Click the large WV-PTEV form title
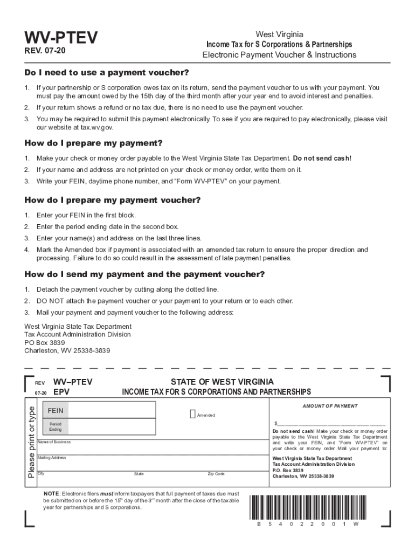(x=61, y=38)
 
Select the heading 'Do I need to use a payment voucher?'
(x=107, y=73)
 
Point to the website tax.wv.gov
(x=94, y=128)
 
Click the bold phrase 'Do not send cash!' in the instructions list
(x=322, y=158)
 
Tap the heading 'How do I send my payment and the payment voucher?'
(x=144, y=274)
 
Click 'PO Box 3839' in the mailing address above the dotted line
(x=45, y=342)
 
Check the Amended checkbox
(x=193, y=414)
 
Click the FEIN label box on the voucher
(x=56, y=411)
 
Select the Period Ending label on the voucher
(x=56, y=427)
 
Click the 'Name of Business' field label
(x=54, y=442)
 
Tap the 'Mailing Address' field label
(x=52, y=458)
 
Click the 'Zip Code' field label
(x=216, y=474)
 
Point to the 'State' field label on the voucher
(x=139, y=474)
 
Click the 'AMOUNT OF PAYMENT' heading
(x=329, y=406)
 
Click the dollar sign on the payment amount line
(x=276, y=424)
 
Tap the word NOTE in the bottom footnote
(x=52, y=493)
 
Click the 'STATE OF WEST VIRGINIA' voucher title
(x=222, y=382)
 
